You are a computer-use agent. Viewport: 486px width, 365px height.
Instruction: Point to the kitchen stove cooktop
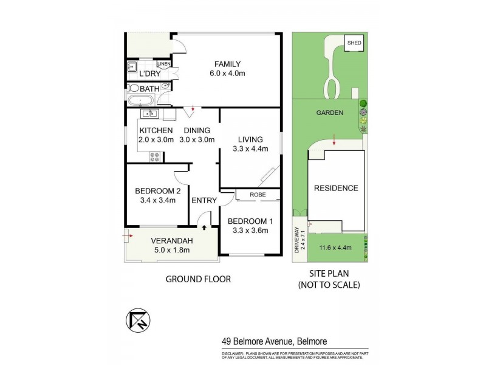[x=154, y=156]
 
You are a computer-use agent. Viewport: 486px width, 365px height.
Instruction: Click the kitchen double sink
[x=149, y=113]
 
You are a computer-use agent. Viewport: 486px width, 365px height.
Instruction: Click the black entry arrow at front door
[x=204, y=226]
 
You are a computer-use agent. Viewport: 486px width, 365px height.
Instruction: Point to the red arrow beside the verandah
[x=126, y=232]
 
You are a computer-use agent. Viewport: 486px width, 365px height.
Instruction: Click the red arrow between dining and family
[x=193, y=110]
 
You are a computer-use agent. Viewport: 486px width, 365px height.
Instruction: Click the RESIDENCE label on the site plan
[x=335, y=188]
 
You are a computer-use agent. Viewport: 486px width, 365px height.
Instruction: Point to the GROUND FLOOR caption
[x=199, y=279]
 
